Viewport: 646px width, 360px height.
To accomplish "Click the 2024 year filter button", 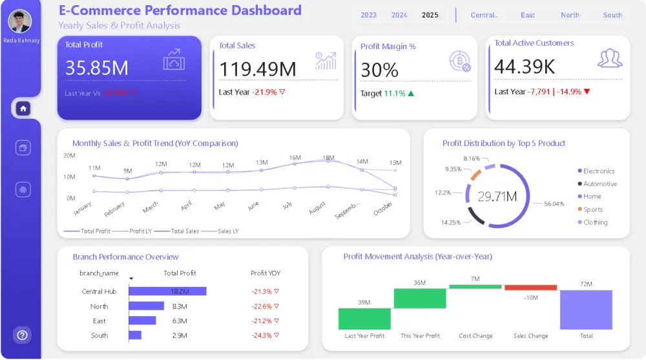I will [x=399, y=15].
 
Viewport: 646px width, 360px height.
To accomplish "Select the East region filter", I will [x=528, y=15].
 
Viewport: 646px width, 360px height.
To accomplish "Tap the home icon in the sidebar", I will [x=23, y=109].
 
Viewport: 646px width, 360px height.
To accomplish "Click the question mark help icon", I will [x=23, y=335].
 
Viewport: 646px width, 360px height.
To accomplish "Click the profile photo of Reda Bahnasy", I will [x=20, y=21].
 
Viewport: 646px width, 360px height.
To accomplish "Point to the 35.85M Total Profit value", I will [x=97, y=68].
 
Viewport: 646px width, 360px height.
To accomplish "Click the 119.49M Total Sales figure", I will [x=258, y=69].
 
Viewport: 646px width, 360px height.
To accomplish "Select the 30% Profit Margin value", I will [x=379, y=70].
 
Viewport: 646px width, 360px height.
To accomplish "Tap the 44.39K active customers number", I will [x=525, y=66].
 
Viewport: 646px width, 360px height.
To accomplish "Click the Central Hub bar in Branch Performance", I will [x=167, y=291].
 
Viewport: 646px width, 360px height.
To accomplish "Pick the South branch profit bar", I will [x=135, y=335].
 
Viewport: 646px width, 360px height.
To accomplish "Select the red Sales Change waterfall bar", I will [x=530, y=288].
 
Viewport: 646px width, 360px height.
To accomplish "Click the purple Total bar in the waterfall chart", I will [x=586, y=310].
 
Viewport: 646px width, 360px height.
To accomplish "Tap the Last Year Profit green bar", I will [x=364, y=319].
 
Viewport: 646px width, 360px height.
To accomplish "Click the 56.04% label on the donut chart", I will [x=554, y=204].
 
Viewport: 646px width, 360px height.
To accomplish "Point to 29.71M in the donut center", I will [x=497, y=196].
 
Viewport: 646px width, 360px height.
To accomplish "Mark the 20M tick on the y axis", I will [x=70, y=156].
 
